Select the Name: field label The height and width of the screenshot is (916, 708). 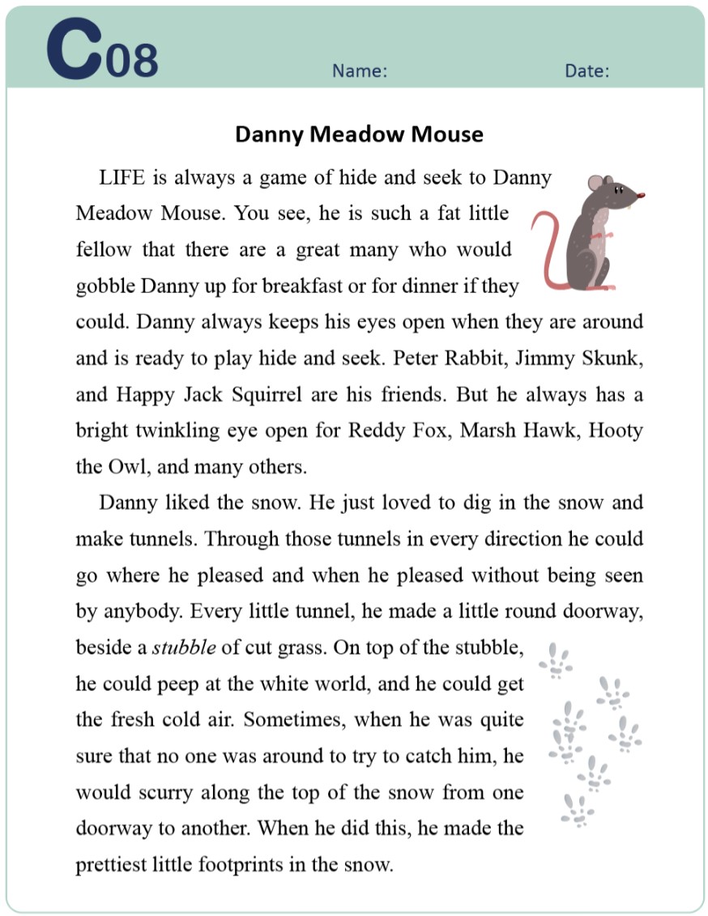point(360,71)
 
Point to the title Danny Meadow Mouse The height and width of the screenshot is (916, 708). point(359,134)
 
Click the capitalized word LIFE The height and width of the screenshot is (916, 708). point(126,178)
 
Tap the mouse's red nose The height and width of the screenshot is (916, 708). point(642,195)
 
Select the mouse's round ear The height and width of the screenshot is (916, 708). point(596,184)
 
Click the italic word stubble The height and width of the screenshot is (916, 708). point(184,648)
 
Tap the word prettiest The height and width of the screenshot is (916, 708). point(112,865)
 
